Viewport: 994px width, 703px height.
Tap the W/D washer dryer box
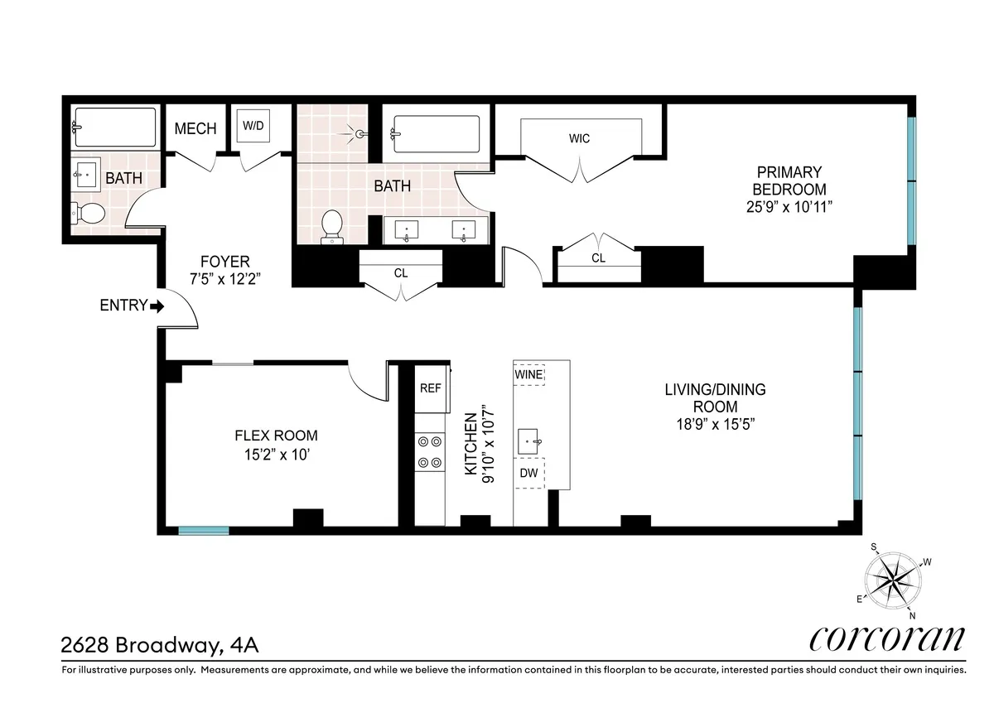253,127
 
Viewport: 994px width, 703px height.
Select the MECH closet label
195,128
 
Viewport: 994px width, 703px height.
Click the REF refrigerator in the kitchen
430,387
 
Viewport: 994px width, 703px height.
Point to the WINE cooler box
528,375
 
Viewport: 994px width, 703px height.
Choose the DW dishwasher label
528,473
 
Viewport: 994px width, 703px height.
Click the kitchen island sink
530,441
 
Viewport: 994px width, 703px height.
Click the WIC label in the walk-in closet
580,138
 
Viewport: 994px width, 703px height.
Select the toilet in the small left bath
88,213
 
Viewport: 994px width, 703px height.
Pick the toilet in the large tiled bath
332,225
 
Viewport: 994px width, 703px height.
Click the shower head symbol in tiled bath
359,132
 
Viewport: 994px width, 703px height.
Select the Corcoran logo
886,639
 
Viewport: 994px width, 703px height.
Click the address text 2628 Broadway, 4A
153,643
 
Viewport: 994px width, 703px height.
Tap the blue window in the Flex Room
204,530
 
